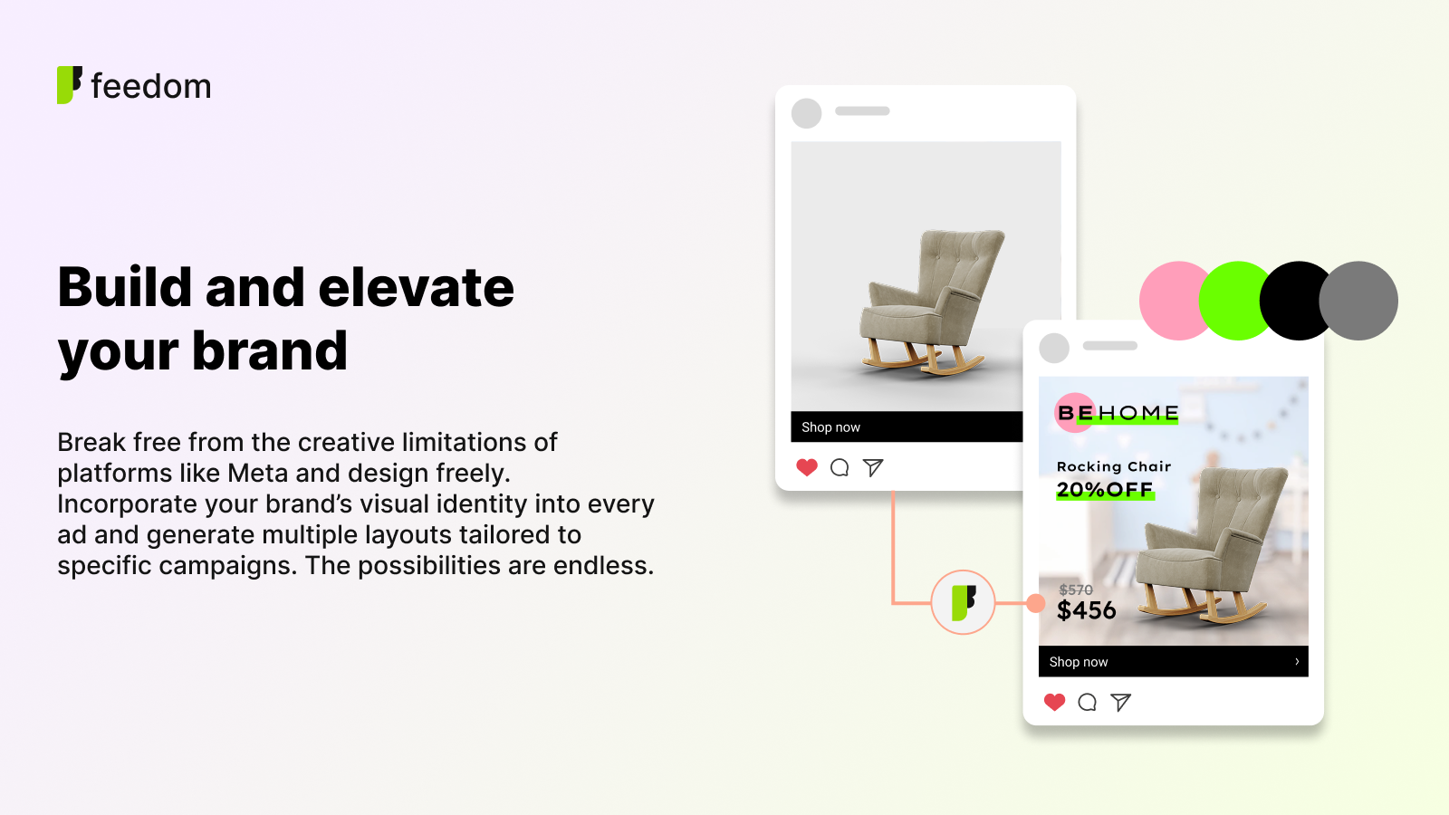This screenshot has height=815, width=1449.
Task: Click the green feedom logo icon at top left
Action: point(69,85)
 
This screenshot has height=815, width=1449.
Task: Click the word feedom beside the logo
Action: point(151,86)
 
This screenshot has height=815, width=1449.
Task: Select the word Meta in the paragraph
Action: point(257,473)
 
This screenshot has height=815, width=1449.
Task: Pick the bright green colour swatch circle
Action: point(1235,301)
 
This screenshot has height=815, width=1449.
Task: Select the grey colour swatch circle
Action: point(1358,301)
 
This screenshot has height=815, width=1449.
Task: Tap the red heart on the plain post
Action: point(807,467)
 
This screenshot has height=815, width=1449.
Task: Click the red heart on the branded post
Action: point(1054,702)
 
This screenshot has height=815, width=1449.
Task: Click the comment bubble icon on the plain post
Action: point(840,467)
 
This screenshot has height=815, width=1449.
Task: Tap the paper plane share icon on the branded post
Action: point(1120,702)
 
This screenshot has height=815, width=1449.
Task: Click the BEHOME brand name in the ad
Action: point(1118,413)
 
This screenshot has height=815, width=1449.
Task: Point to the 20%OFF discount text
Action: point(1105,490)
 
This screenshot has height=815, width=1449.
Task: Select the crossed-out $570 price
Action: point(1075,590)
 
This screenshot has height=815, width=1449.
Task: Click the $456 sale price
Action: point(1086,610)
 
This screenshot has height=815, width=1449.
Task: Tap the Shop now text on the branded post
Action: point(1079,662)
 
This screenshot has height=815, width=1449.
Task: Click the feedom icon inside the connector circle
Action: point(964,602)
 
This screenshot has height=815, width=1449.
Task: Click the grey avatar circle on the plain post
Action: point(807,113)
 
